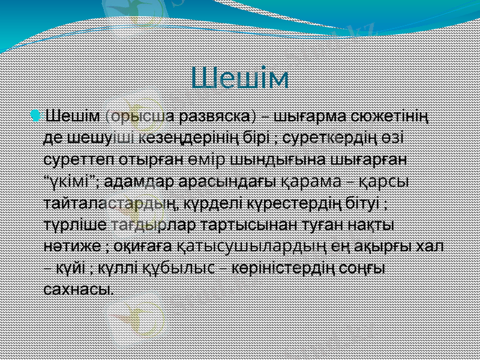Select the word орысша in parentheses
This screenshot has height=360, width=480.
143,114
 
